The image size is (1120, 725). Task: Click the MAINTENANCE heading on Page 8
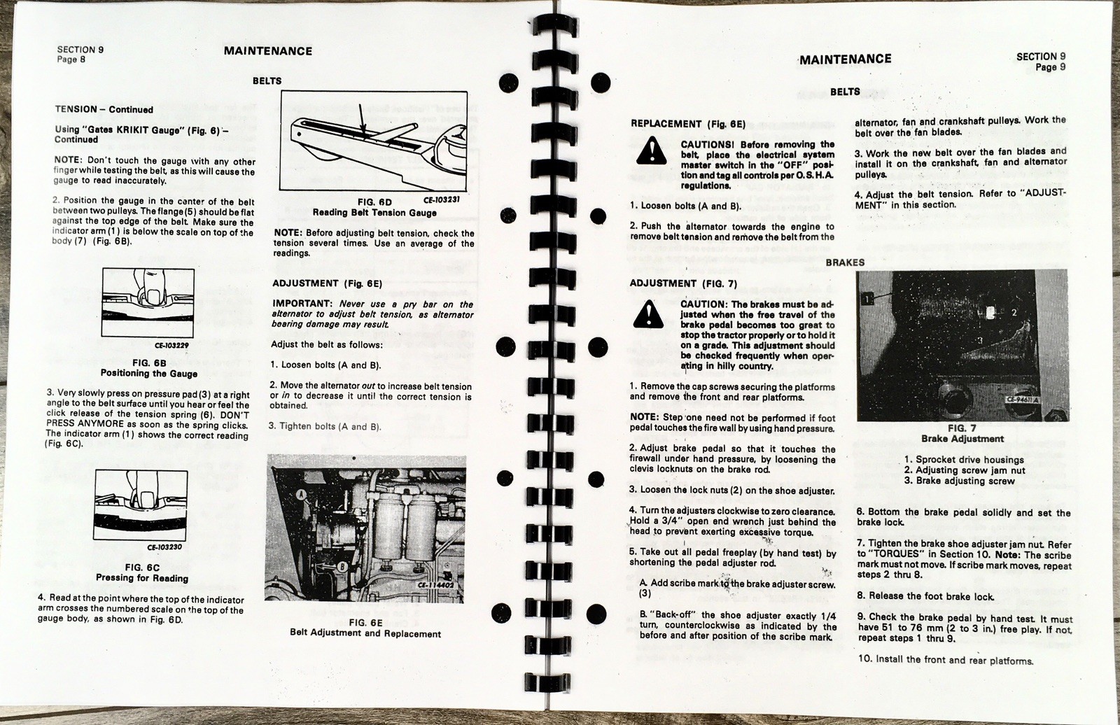[x=267, y=51]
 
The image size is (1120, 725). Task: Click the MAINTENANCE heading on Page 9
[x=846, y=59]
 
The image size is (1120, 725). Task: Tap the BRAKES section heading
[x=845, y=262]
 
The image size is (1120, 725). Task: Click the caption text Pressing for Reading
[x=141, y=578]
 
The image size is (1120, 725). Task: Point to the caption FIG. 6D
[x=374, y=202]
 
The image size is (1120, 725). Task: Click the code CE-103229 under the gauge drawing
[x=171, y=344]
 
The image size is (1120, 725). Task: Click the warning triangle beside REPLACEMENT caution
[x=649, y=150]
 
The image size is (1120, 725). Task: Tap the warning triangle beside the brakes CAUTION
[x=648, y=314]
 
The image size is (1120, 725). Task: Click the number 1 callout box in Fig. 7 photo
[x=868, y=299]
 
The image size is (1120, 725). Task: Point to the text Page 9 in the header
[x=1050, y=67]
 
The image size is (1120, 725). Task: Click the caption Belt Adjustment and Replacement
[x=365, y=634]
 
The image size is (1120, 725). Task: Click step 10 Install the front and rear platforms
[x=944, y=660]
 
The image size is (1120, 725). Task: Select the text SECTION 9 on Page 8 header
[x=80, y=50]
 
